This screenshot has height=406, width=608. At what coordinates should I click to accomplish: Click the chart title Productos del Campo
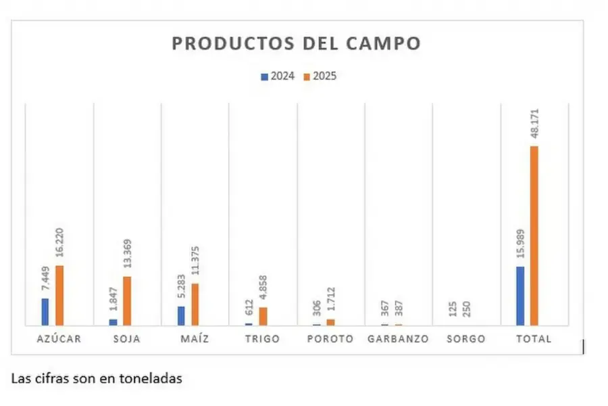(296, 43)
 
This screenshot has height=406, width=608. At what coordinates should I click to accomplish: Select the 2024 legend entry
(278, 76)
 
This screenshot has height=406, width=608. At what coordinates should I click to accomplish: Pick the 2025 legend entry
(320, 76)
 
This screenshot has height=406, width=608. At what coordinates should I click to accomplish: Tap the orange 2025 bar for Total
(534, 235)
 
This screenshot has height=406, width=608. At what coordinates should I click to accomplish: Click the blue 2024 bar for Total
(520, 296)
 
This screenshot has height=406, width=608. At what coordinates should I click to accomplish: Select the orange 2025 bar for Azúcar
(59, 295)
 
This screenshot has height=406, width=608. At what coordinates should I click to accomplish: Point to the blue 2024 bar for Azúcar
(45, 312)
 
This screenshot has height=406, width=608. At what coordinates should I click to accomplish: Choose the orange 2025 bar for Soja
(127, 300)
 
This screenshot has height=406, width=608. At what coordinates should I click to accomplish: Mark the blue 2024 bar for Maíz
(181, 315)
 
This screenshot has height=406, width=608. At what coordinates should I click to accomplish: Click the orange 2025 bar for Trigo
(263, 316)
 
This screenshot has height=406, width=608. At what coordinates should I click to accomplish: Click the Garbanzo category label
(398, 339)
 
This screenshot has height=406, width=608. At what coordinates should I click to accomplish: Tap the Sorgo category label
(466, 339)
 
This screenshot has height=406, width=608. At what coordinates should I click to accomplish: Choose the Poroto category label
(330, 339)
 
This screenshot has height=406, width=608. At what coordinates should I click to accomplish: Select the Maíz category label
(195, 339)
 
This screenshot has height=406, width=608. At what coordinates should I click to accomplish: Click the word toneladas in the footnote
(153, 380)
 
